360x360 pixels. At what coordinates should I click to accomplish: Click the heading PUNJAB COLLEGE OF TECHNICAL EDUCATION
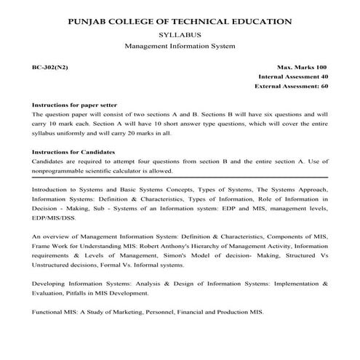coord(180,22)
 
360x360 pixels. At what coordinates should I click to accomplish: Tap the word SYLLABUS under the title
coord(180,35)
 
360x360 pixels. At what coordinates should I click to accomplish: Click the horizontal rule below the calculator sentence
coord(180,178)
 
